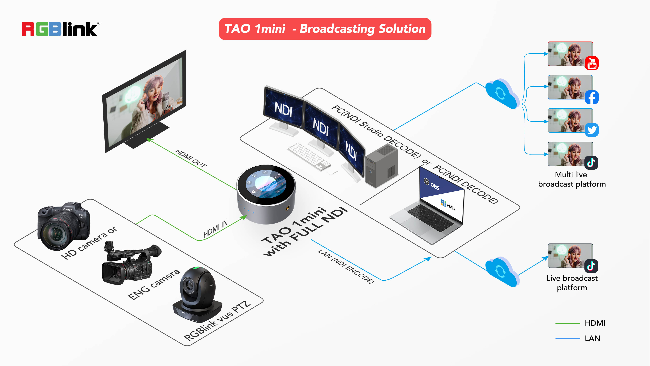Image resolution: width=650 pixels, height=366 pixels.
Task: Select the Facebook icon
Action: [x=592, y=97]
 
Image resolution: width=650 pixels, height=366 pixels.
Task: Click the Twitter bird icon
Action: [x=592, y=130]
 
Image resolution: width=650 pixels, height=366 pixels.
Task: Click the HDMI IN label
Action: [x=215, y=228]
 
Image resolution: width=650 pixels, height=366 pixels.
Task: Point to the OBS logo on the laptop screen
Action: [x=432, y=184]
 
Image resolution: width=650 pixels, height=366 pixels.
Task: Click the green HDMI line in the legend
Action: [x=568, y=323]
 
